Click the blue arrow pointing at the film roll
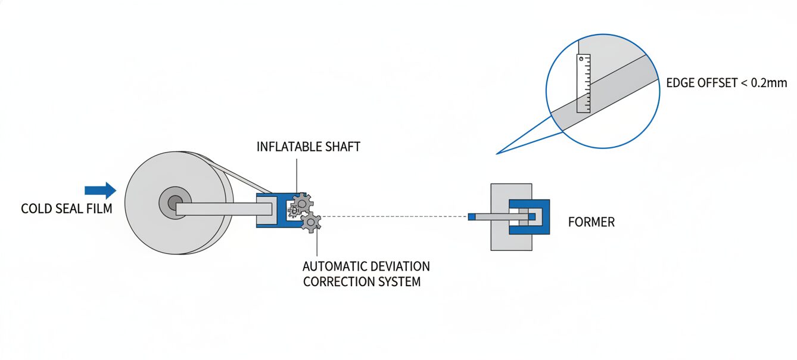[x=100, y=190]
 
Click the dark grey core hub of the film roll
[x=175, y=204]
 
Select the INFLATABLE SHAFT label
[x=308, y=147]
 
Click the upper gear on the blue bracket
[x=303, y=204]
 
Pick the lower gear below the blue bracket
[x=310, y=222]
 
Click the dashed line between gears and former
[x=393, y=216]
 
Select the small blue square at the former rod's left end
[x=472, y=216]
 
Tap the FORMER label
[x=591, y=222]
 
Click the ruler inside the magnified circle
[x=583, y=83]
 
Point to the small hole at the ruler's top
[x=581, y=59]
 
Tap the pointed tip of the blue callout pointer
[x=497, y=154]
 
